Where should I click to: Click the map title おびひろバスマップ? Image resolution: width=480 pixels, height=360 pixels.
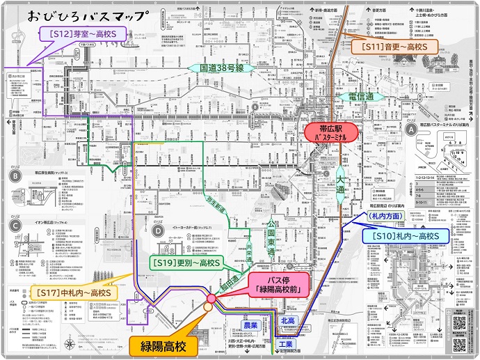tap(88, 15)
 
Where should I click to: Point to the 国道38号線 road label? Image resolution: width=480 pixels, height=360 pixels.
tap(221, 68)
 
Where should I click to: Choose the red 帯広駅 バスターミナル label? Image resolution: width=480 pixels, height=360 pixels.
tap(331, 132)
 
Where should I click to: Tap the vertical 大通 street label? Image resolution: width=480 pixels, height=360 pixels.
tap(341, 183)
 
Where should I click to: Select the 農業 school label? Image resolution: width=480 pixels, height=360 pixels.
tap(250, 325)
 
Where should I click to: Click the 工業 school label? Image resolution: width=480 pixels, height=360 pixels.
tap(285, 344)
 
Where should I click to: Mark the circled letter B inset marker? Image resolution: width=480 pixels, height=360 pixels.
tap(14, 176)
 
